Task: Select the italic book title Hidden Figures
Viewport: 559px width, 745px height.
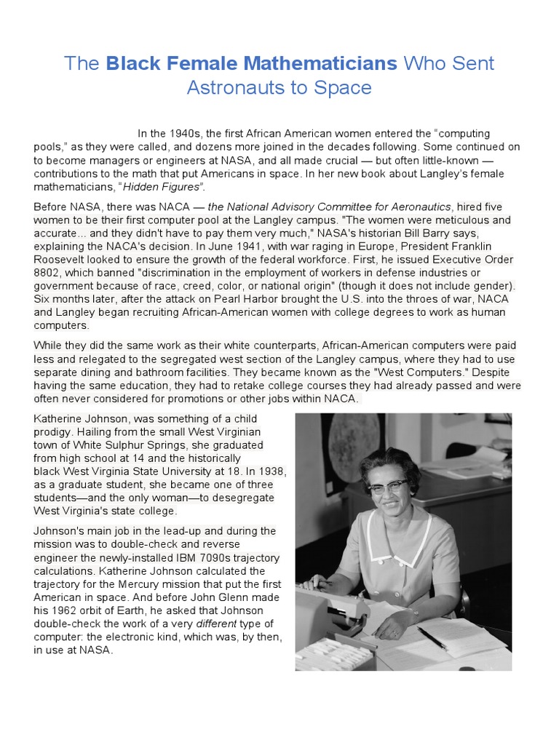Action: (173, 187)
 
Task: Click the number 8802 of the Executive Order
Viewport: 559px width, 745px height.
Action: (49, 272)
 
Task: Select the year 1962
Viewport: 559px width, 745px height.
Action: (69, 611)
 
